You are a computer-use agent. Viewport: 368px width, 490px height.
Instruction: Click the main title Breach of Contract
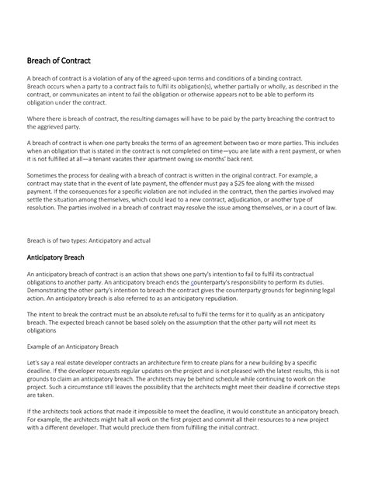pyautogui.click(x=59, y=60)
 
